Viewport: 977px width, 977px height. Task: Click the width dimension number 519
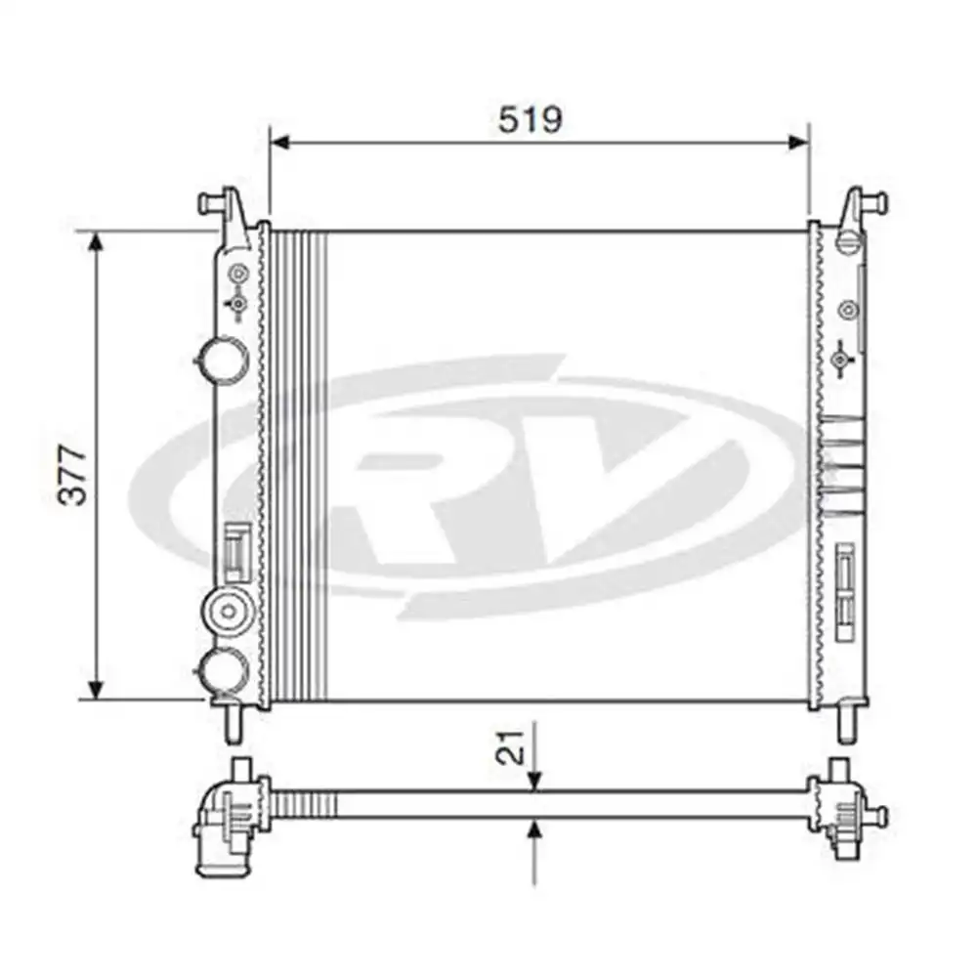click(x=530, y=119)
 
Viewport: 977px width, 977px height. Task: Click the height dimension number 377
click(x=73, y=476)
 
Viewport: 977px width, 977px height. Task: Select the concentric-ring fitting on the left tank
click(x=229, y=613)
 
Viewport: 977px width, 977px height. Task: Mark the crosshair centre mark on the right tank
click(x=839, y=361)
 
